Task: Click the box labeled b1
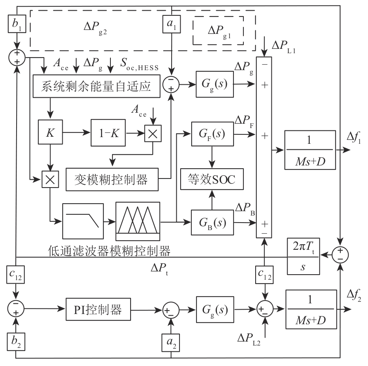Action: click(x=16, y=24)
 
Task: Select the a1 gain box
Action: click(x=171, y=24)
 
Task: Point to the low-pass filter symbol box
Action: click(x=83, y=219)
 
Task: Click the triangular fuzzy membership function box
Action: click(x=138, y=221)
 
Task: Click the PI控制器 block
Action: click(x=98, y=308)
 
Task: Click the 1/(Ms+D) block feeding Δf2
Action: click(x=312, y=309)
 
